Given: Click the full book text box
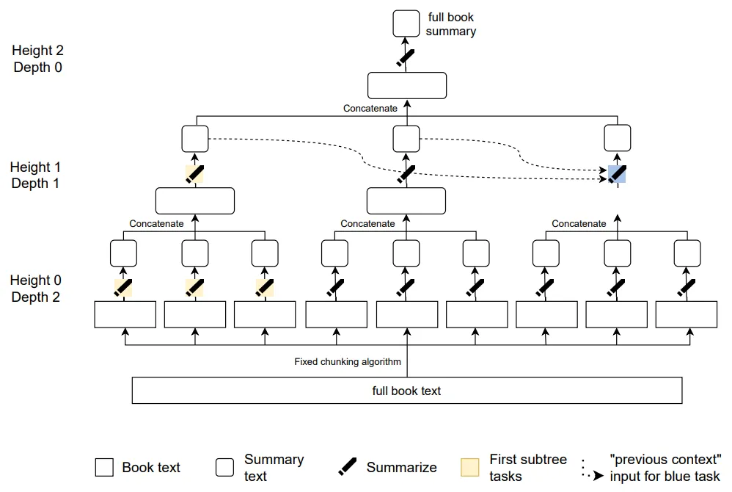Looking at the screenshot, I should coord(406,391).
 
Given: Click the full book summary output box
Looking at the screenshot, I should coord(406,23).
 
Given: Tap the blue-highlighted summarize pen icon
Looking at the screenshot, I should coord(617,174).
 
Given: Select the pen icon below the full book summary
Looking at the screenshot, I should coord(406,57).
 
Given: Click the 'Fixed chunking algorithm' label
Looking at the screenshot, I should coord(348,361).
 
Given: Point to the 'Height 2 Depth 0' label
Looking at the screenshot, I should coord(37,59).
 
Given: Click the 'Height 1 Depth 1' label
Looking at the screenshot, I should coord(36,175).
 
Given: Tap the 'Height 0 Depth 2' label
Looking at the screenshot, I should coord(36,289).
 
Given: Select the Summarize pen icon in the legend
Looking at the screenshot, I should coord(348,467).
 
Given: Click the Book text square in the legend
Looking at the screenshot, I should coord(104,468).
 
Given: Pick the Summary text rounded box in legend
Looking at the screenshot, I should coord(225,468).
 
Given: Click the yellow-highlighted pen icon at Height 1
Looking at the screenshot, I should coord(194,173).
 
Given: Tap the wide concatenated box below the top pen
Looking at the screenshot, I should coord(406,85).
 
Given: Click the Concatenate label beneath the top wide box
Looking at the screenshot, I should coord(370,109).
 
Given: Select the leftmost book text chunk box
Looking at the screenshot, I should coord(125,314).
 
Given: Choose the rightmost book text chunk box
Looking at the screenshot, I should coord(687,314).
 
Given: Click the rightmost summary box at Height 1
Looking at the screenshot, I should coord(617,138).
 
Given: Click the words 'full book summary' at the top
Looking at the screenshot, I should coord(450,23).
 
